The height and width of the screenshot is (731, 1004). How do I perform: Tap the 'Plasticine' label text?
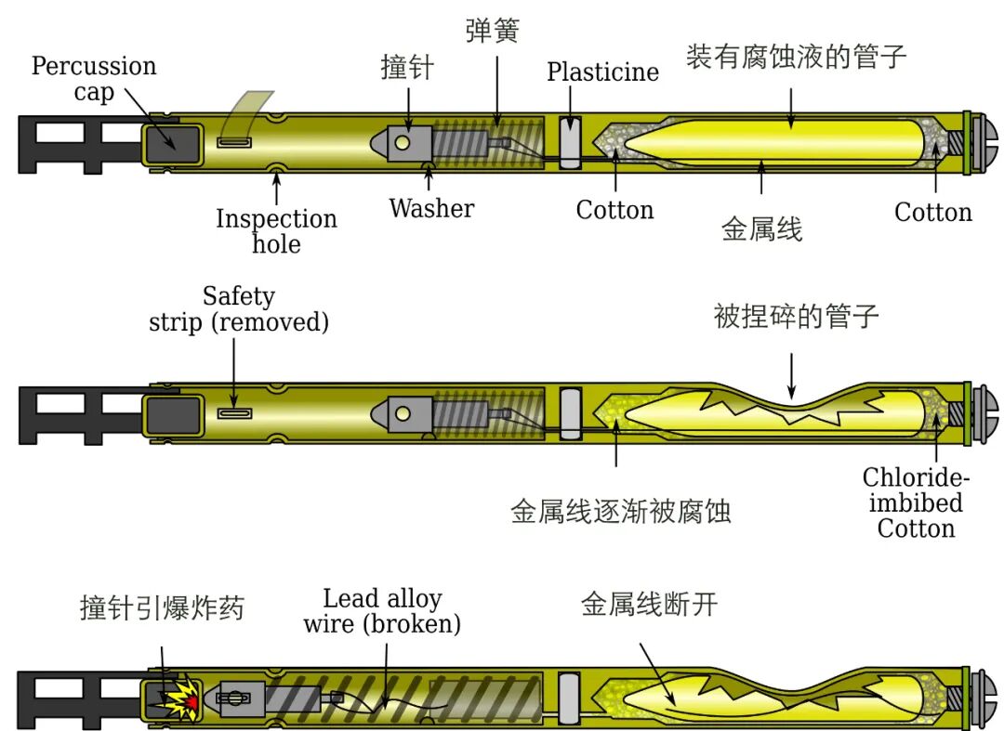pos(602,72)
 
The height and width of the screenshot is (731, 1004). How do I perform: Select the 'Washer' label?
pos(431,208)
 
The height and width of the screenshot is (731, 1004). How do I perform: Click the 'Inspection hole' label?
pos(276,231)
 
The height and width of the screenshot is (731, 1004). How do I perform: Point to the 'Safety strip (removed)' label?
pos(239,309)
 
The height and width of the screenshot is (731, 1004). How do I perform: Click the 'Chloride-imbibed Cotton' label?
pos(917,503)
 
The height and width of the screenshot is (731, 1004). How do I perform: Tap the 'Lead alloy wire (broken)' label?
pos(382,610)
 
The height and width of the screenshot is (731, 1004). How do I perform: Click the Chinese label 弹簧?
pos(492,31)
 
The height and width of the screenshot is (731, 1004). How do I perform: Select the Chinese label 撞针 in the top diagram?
pos(406,68)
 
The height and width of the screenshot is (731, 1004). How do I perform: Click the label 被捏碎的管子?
pos(796,316)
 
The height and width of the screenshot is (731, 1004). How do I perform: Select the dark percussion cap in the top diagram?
pos(171,142)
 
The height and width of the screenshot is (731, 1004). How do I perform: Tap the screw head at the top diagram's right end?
pos(986,142)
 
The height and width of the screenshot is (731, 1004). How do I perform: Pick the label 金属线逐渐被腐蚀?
pos(620,511)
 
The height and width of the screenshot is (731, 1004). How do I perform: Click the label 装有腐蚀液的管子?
pos(796,58)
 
